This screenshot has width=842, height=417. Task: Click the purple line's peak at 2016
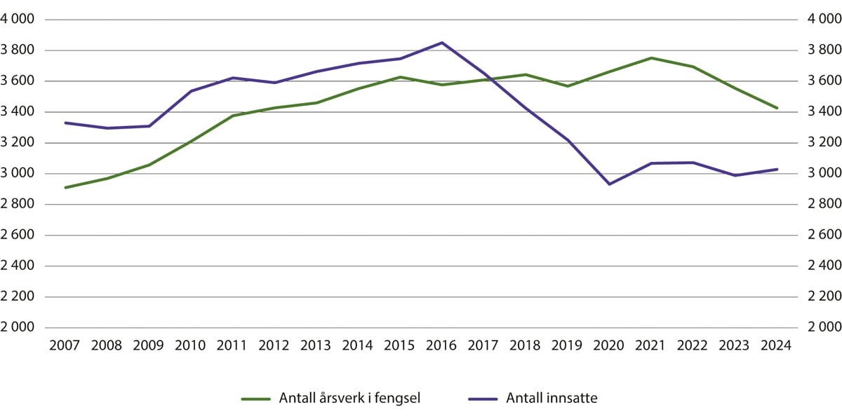point(441,43)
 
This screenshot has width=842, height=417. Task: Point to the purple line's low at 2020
point(609,184)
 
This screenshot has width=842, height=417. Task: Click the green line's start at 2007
point(65,188)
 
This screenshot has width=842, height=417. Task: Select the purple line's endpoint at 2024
point(776,169)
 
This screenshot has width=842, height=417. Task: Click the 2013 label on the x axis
point(316,346)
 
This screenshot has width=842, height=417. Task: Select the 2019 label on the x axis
point(567,346)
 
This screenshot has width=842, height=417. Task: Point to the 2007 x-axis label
point(65,346)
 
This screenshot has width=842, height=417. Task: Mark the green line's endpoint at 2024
point(776,108)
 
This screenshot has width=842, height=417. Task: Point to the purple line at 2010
point(191,91)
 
